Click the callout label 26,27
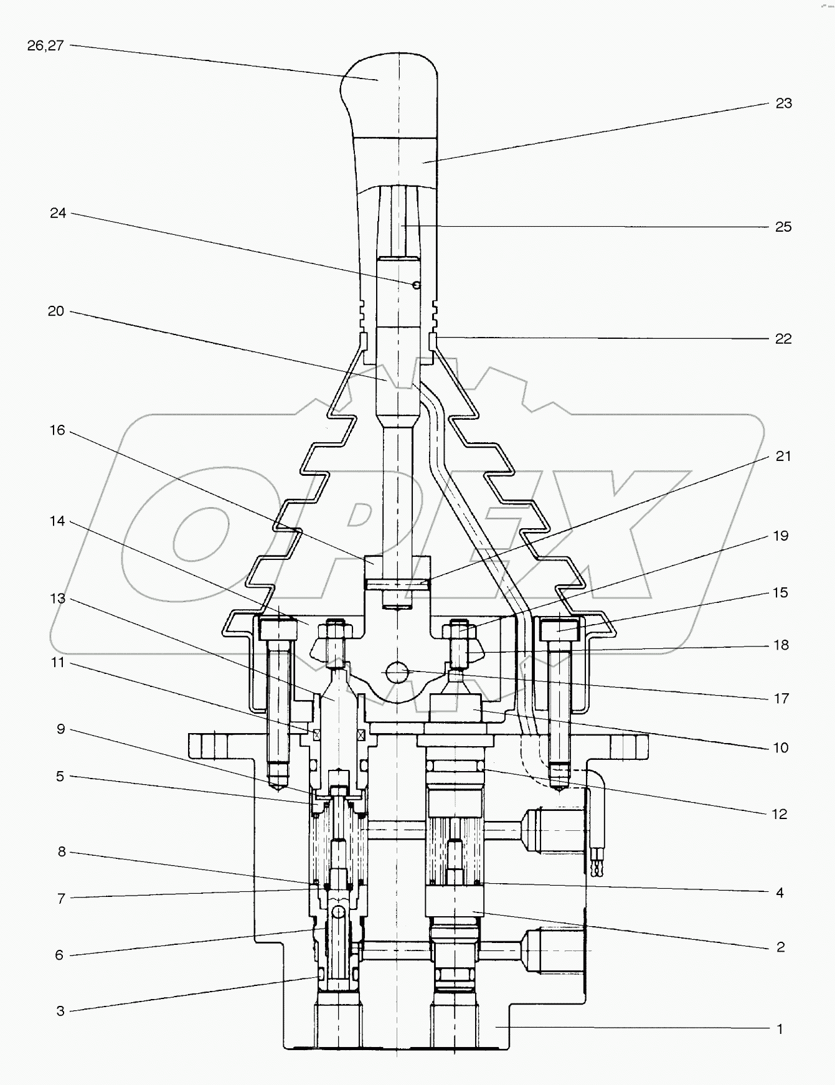(45, 46)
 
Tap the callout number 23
(783, 103)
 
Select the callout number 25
(783, 227)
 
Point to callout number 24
(58, 214)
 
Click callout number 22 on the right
(783, 339)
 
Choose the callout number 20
(56, 311)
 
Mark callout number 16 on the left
(57, 430)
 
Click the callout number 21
(783, 457)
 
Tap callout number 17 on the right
(781, 699)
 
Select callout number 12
(780, 815)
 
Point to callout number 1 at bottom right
(780, 1030)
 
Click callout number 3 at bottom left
(60, 1011)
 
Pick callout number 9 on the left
(60, 729)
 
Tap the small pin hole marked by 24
(416, 285)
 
